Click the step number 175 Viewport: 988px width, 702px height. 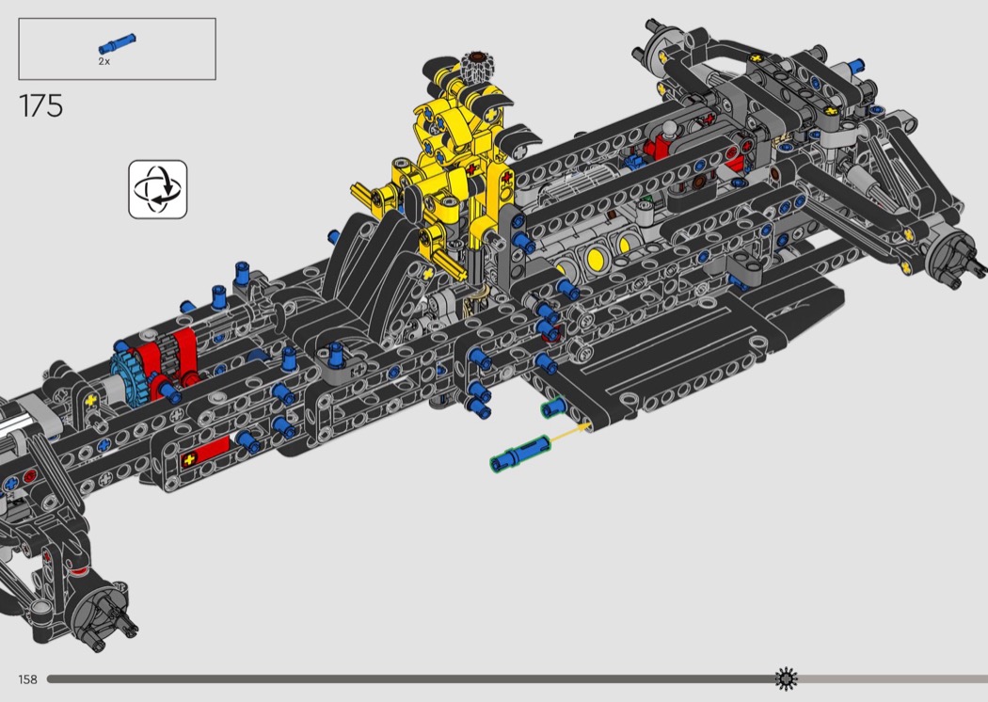point(41,105)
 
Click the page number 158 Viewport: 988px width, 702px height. point(27,679)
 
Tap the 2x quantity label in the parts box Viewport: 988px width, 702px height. point(104,62)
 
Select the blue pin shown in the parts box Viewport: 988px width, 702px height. point(118,43)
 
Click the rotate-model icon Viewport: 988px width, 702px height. point(158,189)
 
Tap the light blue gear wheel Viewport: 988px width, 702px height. point(129,376)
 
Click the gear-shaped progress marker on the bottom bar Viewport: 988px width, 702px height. point(786,678)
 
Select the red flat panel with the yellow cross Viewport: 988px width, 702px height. point(205,453)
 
